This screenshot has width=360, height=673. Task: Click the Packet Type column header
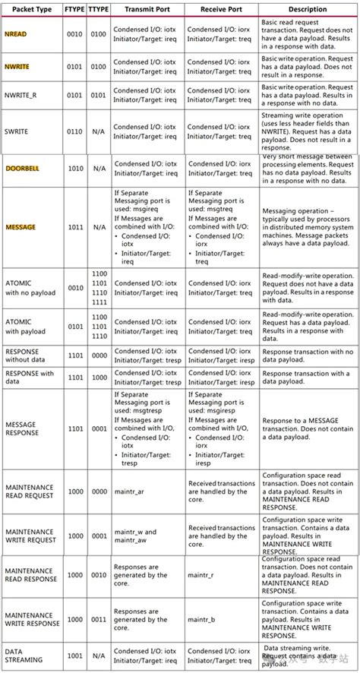(30, 10)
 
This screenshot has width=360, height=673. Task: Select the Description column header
(308, 10)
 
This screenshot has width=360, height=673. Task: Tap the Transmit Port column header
(147, 10)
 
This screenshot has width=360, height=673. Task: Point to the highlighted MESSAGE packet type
(21, 227)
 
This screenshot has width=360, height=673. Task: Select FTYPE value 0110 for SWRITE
(74, 131)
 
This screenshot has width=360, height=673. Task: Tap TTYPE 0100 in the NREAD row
(99, 35)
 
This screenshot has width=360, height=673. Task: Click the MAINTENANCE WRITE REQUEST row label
(30, 536)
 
